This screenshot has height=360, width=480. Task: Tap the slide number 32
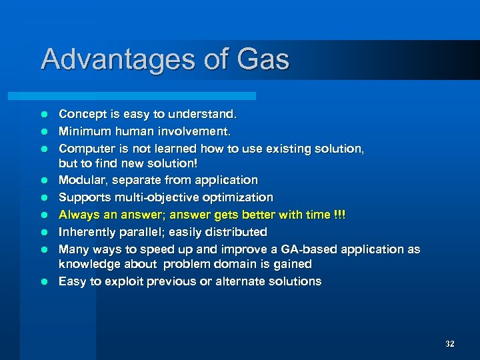point(449,344)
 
